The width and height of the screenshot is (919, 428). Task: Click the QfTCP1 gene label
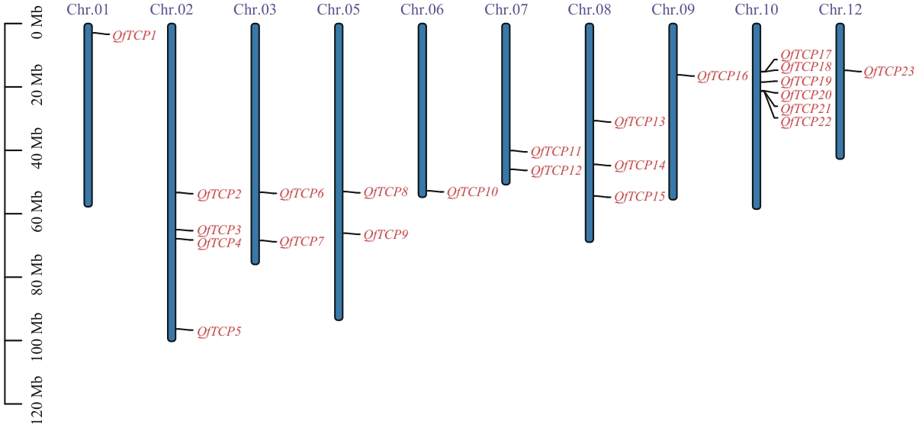(134, 36)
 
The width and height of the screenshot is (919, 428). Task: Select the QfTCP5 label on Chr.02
(219, 332)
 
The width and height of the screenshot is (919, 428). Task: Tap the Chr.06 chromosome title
(422, 10)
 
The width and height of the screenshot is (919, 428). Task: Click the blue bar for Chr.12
(840, 92)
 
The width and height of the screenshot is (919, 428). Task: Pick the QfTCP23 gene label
(888, 72)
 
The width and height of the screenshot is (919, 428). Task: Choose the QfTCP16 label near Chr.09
(722, 76)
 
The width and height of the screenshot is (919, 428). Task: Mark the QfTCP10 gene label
(472, 192)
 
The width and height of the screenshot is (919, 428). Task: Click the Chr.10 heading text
(757, 10)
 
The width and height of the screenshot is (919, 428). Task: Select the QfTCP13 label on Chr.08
(639, 122)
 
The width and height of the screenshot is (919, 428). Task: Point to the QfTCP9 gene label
(385, 235)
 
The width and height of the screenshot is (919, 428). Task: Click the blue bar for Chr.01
(88, 114)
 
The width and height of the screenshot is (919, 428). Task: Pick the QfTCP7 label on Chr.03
(301, 242)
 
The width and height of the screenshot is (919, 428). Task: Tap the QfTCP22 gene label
(805, 122)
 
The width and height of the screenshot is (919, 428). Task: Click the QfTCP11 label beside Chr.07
(556, 152)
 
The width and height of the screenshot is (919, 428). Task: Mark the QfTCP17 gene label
(805, 55)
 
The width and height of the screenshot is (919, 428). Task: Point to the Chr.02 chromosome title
(172, 10)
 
